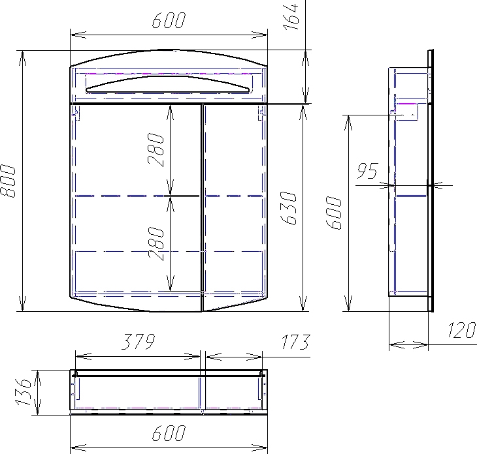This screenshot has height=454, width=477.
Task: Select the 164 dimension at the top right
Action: (291, 17)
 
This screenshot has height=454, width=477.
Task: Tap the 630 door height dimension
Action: (288, 208)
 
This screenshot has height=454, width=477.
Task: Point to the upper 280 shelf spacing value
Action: (156, 150)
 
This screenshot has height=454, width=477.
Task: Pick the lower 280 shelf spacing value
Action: (156, 243)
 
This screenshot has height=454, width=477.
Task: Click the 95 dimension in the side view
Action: (367, 171)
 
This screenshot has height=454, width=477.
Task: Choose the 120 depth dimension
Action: (461, 330)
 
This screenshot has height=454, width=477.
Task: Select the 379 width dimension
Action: (139, 341)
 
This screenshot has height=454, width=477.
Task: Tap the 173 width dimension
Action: (295, 342)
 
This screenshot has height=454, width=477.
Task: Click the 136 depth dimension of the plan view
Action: (23, 392)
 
